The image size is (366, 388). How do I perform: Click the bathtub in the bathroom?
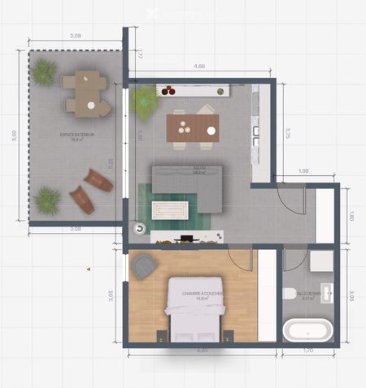(307, 330)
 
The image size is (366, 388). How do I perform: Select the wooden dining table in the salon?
(193, 127)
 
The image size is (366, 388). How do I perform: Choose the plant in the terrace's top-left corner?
(44, 72)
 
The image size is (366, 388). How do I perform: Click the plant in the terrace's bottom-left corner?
(47, 200)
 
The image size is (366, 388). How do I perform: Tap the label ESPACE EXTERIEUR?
(77, 135)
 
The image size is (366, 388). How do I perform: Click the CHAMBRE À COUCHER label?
(201, 294)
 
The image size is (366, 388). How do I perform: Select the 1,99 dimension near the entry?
(303, 170)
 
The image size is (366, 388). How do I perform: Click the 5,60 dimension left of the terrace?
(15, 136)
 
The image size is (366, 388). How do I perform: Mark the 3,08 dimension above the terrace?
(76, 37)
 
